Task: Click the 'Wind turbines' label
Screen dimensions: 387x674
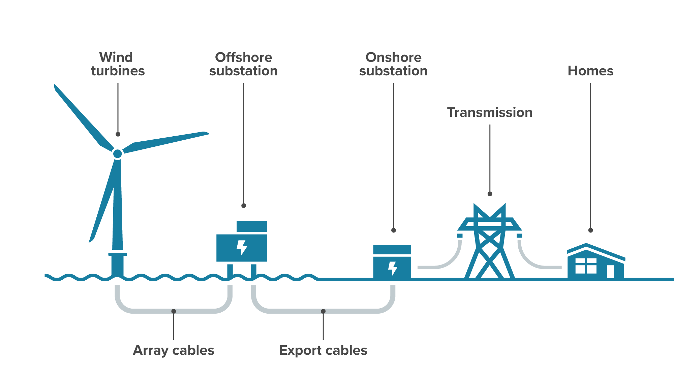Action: point(118,64)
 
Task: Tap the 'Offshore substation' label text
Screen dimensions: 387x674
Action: point(243,64)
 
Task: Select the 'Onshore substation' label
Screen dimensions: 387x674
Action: point(393,64)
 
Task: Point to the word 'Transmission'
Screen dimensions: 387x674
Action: point(490,112)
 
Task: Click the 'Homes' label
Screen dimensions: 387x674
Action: point(590,71)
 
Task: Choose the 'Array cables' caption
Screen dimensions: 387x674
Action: point(174,350)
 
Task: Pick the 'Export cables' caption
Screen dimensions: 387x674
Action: point(323,350)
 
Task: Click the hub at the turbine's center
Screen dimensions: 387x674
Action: point(118,154)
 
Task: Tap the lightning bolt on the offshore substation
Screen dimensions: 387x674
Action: point(242,247)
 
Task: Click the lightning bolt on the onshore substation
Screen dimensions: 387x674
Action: point(393,268)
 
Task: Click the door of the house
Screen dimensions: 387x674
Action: point(610,271)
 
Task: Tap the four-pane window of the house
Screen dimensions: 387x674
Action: point(586,266)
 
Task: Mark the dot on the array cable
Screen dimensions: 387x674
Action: point(174,311)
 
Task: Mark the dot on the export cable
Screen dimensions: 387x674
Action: point(323,311)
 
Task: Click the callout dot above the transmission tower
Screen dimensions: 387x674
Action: point(490,194)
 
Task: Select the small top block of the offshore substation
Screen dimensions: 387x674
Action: point(252,226)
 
